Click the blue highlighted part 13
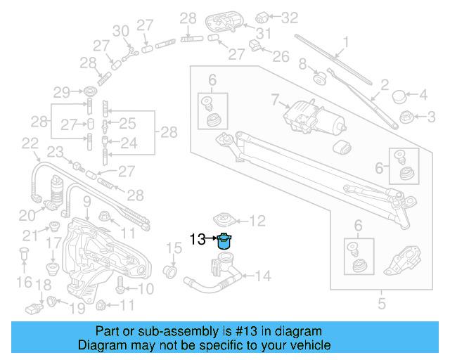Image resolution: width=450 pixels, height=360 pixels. click(x=225, y=241)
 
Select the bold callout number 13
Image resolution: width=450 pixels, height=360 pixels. click(x=198, y=240)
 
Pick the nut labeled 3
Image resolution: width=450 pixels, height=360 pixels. click(x=406, y=116)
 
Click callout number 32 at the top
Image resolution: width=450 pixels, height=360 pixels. click(x=290, y=15)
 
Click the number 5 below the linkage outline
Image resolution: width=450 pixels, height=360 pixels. click(x=382, y=304)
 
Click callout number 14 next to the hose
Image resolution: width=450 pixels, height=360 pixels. click(x=263, y=276)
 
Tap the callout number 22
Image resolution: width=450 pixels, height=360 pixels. click(x=29, y=143)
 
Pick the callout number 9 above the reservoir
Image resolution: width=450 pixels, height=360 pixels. click(x=86, y=203)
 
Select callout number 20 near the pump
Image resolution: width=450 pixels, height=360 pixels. click(x=26, y=215)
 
